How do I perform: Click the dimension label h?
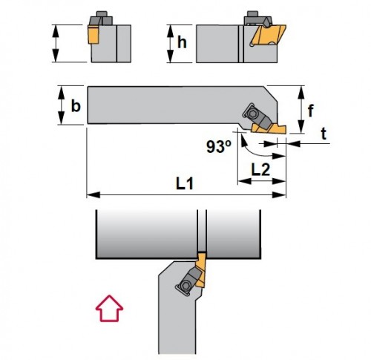click(x=182, y=42)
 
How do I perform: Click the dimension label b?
click(x=76, y=105)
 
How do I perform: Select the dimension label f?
click(x=311, y=111)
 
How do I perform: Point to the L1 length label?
click(x=185, y=184)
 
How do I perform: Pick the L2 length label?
click(x=260, y=170)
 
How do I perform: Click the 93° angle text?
click(x=219, y=146)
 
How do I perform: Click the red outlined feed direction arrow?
click(x=109, y=308)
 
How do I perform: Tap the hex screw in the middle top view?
click(x=253, y=114)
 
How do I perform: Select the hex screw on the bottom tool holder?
click(x=186, y=287)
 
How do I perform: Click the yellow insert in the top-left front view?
click(x=93, y=34)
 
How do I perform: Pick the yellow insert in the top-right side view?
click(x=268, y=36)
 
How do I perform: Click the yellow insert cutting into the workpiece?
click(x=201, y=269)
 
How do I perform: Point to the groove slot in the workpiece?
click(x=202, y=231)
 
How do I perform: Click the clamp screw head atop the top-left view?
click(x=101, y=13)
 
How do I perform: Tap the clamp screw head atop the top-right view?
click(x=253, y=13)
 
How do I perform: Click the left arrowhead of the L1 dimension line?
click(x=93, y=194)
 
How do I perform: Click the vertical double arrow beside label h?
click(x=170, y=44)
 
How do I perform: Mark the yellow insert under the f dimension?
click(x=269, y=129)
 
